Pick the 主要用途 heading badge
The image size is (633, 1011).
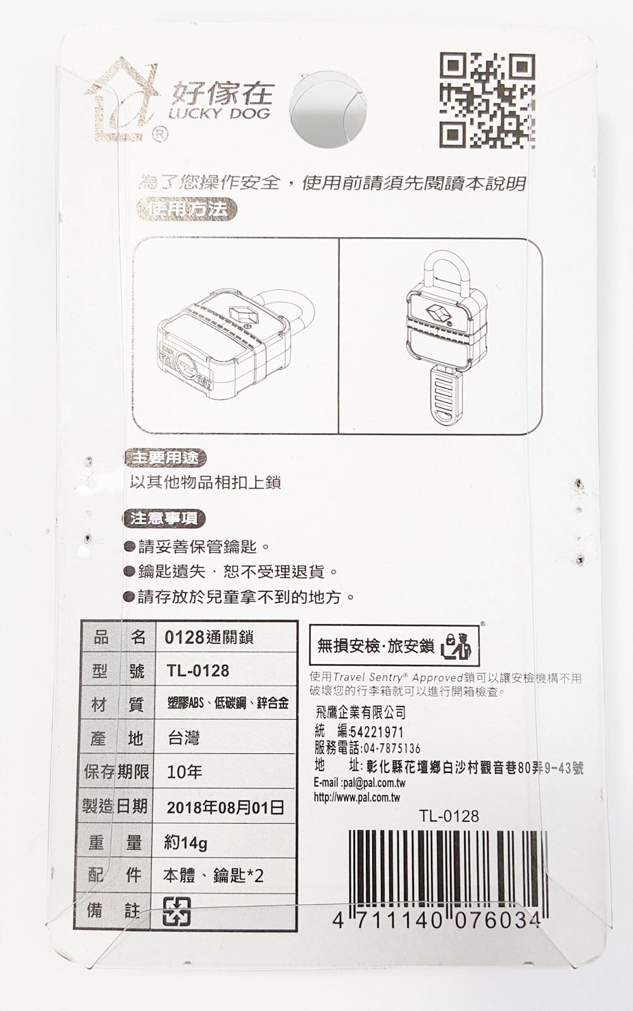click(166, 457)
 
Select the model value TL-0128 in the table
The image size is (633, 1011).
click(197, 670)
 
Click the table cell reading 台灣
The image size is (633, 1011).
click(184, 738)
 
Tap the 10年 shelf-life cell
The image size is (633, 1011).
click(184, 772)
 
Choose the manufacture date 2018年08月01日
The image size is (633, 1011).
click(225, 807)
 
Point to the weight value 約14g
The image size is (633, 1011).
click(185, 843)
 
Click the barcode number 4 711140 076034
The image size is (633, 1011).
click(437, 919)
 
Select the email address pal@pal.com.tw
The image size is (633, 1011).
click(374, 784)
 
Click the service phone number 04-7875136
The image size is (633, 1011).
click(386, 749)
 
